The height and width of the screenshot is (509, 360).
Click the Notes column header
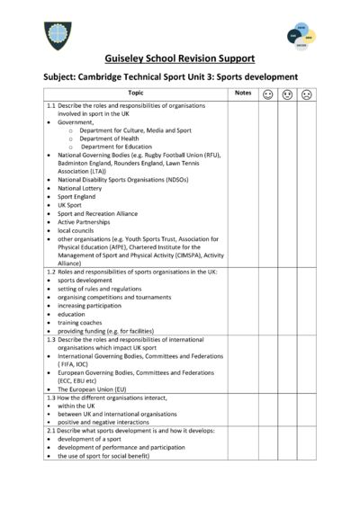243,93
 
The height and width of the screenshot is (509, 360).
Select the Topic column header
135,93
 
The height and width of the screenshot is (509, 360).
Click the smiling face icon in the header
268,94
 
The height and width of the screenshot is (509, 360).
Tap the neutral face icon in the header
287,94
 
